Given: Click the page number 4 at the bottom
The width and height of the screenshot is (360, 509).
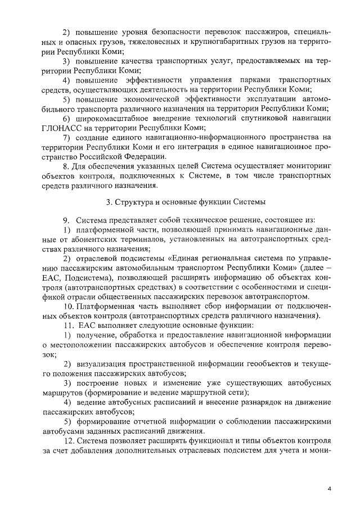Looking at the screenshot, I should (x=329, y=489).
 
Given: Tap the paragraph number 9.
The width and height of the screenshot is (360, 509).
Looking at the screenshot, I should (x=65, y=220).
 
